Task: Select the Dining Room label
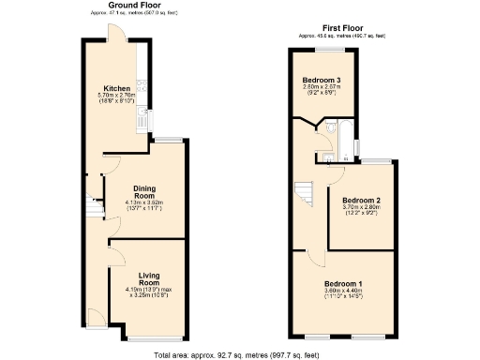[143, 191]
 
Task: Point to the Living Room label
[150, 278]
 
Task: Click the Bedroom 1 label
[343, 283]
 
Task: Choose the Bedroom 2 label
[360, 201]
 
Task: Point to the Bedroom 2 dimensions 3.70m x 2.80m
[360, 208]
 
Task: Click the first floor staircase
[304, 194]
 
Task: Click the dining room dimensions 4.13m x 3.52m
[143, 203]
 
